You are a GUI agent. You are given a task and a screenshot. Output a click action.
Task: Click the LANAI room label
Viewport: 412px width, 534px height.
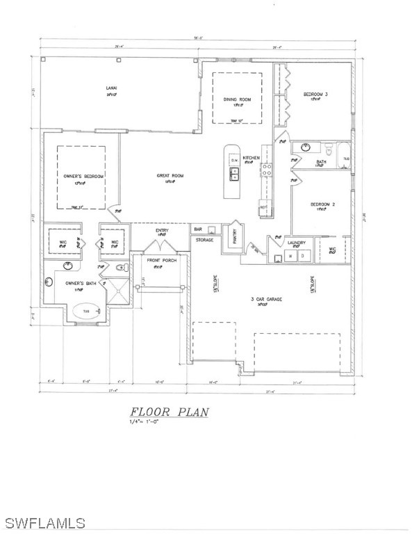112,88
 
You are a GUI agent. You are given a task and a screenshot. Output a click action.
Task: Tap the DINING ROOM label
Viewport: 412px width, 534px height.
237,99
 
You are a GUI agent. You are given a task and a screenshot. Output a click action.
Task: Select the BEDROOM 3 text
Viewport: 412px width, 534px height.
315,94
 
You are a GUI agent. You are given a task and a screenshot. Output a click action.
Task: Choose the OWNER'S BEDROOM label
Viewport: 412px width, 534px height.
83,177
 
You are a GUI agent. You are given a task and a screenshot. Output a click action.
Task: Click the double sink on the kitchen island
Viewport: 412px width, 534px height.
234,174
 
